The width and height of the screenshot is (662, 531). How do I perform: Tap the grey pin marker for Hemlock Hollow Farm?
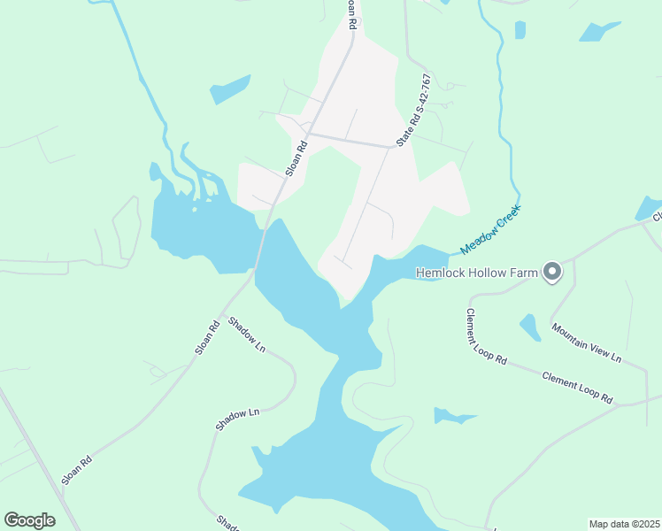point(553,272)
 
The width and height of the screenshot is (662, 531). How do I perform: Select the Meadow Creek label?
point(492,229)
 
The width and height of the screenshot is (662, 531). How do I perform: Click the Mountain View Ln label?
point(587,342)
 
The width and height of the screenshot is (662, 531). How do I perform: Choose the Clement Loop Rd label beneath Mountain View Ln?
point(577,387)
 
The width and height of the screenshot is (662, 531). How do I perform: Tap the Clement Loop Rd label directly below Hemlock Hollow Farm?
point(486,337)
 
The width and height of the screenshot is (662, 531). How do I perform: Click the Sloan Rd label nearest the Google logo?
point(77,470)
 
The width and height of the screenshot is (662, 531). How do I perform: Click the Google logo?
point(30,519)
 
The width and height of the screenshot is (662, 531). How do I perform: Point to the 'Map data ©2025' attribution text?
point(624,524)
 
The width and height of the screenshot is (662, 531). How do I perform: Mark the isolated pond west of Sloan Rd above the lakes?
point(230,89)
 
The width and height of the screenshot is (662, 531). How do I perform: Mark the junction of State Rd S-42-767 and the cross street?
point(392,146)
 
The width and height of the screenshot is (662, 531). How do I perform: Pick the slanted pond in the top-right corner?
point(600,32)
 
